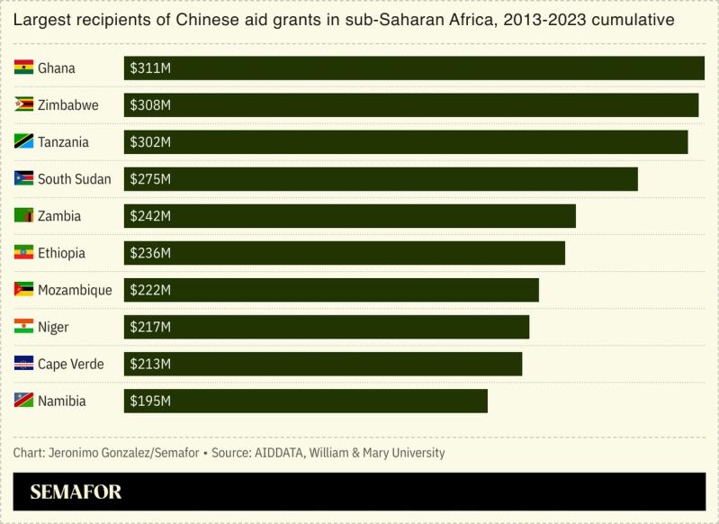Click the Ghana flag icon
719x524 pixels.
click(x=23, y=68)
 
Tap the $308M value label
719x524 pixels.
click(x=150, y=105)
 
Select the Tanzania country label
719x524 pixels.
click(x=63, y=142)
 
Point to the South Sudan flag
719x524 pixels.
click(x=23, y=179)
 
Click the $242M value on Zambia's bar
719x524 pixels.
click(x=150, y=216)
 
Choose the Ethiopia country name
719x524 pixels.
click(x=61, y=253)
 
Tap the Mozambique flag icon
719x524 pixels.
click(x=23, y=290)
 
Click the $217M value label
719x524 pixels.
click(x=150, y=327)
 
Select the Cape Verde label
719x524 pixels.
click(x=70, y=364)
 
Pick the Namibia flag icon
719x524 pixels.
click(x=23, y=401)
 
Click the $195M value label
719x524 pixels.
click(x=150, y=401)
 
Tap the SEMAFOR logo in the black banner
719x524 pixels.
click(x=76, y=492)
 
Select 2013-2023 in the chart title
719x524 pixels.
click(x=540, y=20)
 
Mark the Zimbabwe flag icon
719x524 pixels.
click(x=23, y=105)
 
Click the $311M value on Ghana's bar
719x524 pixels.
click(x=150, y=68)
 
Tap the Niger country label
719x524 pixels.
click(x=53, y=327)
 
